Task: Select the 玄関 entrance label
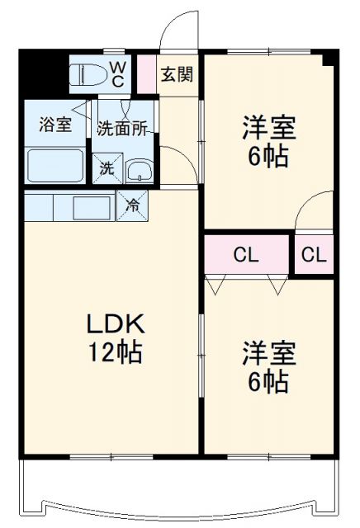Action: [176, 74]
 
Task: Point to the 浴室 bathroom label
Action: [55, 125]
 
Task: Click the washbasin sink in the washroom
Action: [139, 170]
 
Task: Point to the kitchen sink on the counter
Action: [92, 206]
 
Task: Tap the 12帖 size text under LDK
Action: [116, 353]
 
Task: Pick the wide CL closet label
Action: [246, 256]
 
